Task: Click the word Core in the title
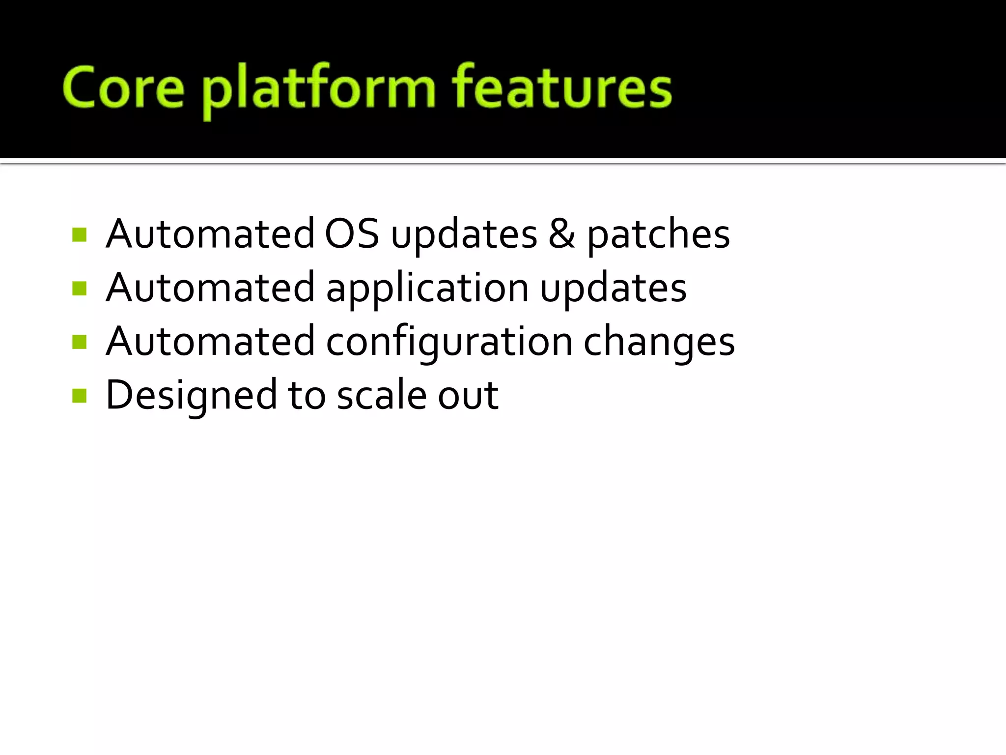123,88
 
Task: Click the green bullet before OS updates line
79,234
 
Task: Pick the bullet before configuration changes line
79,342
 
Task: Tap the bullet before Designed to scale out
79,395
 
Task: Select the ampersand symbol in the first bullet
561,234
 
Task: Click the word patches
658,235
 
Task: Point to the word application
427,289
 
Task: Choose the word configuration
449,342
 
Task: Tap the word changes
659,342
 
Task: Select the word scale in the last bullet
382,395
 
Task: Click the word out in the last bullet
468,396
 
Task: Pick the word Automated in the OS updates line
210,234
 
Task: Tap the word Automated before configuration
210,342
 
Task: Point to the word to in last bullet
307,396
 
